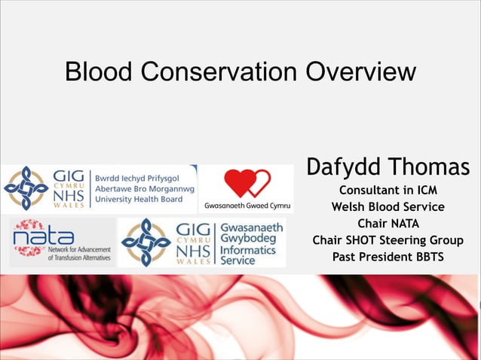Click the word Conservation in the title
[x=219, y=72]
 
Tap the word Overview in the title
[x=360, y=72]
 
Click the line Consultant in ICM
[x=388, y=190]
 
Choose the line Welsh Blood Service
[x=388, y=206]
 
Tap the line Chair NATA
[x=388, y=224]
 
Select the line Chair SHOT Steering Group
[x=388, y=240]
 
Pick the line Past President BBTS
[x=388, y=257]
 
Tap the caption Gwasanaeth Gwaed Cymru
[x=247, y=206]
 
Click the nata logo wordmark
[x=44, y=237]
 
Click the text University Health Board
[x=139, y=199]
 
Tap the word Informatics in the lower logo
[x=250, y=249]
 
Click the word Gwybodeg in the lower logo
[x=250, y=237]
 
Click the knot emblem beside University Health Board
[x=25, y=188]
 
